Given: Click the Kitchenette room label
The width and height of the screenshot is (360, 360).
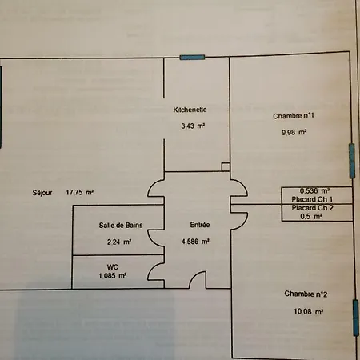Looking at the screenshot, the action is click(x=190, y=110).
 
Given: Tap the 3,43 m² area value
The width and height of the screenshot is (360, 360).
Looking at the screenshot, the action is click(x=193, y=126).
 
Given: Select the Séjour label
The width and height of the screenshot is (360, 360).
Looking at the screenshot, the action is click(x=42, y=193).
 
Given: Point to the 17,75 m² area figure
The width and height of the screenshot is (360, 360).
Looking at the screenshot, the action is click(x=80, y=192).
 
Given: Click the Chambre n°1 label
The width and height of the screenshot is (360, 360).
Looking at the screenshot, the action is click(x=294, y=116).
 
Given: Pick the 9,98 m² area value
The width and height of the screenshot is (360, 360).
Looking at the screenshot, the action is click(x=294, y=132).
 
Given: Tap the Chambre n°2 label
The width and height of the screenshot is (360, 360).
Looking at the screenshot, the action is click(x=306, y=294).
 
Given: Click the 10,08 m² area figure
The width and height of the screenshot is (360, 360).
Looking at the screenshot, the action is click(x=309, y=311).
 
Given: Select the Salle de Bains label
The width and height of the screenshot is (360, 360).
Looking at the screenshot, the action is click(x=121, y=226).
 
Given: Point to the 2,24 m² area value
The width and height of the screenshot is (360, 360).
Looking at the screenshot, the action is click(x=119, y=242).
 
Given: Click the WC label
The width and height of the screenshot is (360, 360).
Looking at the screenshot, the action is click(x=112, y=267).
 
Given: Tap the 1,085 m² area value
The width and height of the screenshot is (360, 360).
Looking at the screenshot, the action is click(x=113, y=275).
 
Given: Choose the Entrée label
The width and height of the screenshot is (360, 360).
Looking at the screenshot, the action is click(x=200, y=225).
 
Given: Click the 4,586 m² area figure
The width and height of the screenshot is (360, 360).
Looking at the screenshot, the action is click(x=195, y=242).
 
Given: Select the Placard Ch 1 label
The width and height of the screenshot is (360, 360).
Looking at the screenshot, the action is click(x=312, y=199).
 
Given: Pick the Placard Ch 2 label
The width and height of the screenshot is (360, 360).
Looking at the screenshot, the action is click(x=312, y=208).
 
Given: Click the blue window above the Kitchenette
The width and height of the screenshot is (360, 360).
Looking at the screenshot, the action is click(x=192, y=58).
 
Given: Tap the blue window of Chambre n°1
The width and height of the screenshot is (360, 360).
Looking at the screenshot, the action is click(x=352, y=161).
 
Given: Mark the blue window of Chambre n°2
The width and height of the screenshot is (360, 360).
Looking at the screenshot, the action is click(x=356, y=318).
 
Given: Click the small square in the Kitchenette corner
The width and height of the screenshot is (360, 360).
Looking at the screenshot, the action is click(x=226, y=167).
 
